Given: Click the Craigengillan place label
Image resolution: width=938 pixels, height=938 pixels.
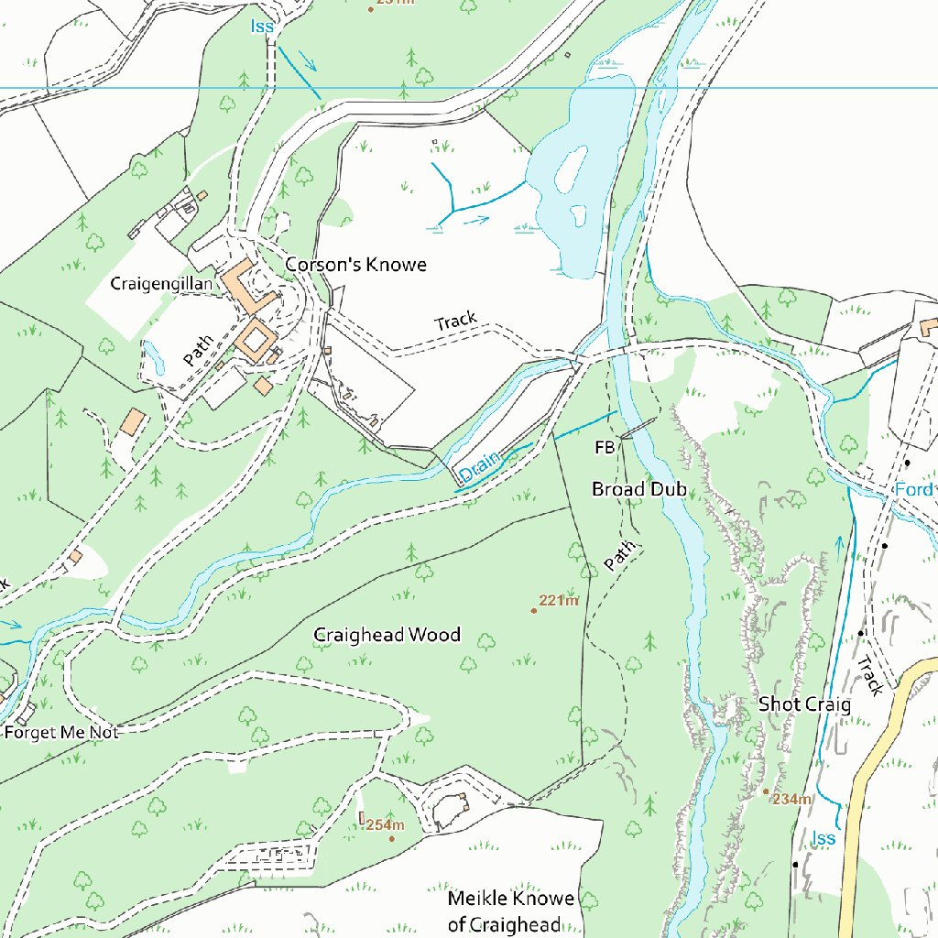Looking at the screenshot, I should [161, 284].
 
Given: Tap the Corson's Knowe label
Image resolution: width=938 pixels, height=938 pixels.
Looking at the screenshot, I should [355, 265].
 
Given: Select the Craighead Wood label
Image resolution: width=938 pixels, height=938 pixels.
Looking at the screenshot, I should [387, 635].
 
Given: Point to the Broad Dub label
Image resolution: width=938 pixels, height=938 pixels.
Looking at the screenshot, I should [639, 489].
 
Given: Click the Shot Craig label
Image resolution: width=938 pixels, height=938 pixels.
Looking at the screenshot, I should [804, 704].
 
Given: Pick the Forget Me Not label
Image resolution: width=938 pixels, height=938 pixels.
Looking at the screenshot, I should [61, 733].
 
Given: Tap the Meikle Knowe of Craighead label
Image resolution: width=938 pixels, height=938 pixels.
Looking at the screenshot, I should [510, 911].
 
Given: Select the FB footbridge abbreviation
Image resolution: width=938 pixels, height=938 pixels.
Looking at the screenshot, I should [605, 448].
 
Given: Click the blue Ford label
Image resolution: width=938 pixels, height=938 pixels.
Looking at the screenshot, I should [913, 490].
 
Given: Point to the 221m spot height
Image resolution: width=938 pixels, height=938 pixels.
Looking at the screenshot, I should [557, 602].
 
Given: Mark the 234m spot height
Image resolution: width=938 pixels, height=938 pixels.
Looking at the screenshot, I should [790, 799].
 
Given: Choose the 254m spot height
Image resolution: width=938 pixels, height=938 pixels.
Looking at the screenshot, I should [385, 825].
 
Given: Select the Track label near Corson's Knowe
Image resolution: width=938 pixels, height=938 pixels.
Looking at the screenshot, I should [456, 322].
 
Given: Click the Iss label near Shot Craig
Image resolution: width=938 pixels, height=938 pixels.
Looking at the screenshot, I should [824, 838].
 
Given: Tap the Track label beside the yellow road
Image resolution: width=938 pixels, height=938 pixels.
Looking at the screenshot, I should [870, 675].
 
